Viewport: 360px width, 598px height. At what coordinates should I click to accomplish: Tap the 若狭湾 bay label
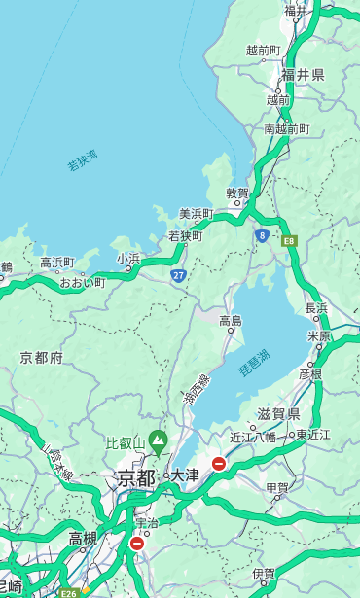point(82,160)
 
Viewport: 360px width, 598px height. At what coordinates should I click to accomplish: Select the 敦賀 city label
point(237,193)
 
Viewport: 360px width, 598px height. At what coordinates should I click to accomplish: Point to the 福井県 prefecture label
point(303,75)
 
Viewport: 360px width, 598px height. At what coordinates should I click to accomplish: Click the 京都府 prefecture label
point(42,358)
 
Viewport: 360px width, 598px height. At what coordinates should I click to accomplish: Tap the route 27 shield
point(179,276)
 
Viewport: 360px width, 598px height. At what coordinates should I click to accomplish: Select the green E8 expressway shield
point(289,240)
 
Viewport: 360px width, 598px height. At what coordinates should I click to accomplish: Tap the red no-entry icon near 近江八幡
point(220,464)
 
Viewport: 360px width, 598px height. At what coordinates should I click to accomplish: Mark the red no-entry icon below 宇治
point(136,544)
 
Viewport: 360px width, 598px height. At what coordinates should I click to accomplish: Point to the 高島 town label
point(231,320)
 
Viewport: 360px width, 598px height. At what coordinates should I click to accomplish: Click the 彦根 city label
point(310,373)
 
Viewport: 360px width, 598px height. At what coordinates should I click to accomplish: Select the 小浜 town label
point(128,258)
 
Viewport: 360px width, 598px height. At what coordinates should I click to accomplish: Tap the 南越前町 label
point(286,128)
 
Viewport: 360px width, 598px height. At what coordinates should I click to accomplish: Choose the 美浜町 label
point(197,214)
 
